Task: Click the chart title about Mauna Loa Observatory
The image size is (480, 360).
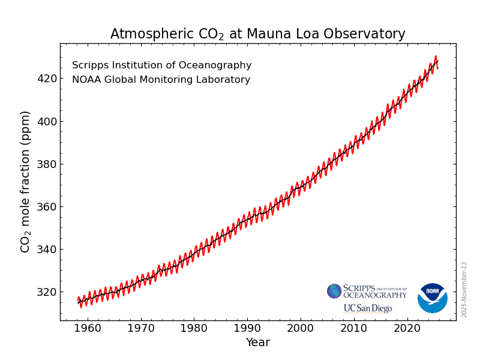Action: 257,34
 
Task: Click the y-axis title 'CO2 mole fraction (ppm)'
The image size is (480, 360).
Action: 25,181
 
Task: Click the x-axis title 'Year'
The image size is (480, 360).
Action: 257,343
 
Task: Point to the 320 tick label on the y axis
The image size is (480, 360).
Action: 46,292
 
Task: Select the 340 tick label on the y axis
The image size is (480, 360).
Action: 46,250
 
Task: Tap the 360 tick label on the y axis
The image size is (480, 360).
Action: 46,207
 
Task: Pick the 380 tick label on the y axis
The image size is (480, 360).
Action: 46,164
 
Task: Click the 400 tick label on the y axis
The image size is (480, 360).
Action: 46,122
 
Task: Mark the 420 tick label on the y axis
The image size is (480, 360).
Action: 46,79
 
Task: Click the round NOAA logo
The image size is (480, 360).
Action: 432,298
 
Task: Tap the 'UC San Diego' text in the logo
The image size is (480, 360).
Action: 367,308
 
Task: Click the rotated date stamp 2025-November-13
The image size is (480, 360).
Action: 464,289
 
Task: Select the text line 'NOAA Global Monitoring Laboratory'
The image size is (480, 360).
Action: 161,80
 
